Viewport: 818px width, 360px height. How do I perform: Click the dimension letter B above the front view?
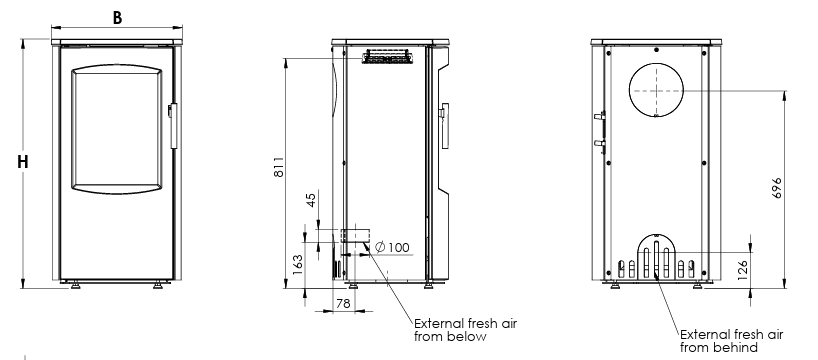tap(117, 18)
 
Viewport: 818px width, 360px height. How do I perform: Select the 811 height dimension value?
tap(281, 166)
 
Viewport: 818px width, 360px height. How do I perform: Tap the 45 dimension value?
tap(310, 200)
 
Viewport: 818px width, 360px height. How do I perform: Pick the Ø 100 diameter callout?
tap(392, 247)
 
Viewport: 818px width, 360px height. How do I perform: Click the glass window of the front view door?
tap(117, 128)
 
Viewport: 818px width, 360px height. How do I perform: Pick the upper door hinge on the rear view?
tap(601, 116)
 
